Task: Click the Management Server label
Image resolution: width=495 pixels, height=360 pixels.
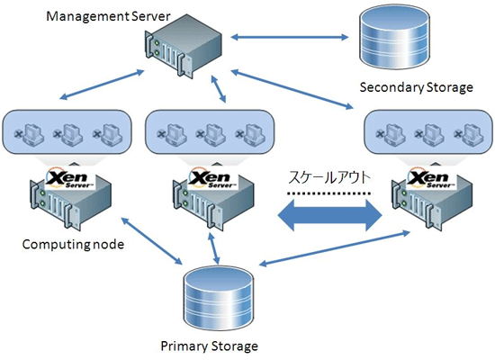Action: point(108,16)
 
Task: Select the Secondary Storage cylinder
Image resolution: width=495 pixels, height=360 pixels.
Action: point(394,37)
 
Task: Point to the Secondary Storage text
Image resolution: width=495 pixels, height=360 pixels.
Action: point(417,87)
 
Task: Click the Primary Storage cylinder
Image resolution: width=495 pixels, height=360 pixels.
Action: point(219,298)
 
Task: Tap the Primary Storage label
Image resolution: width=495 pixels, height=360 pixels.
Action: point(210,346)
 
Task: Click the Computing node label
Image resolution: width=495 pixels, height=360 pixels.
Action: point(73,245)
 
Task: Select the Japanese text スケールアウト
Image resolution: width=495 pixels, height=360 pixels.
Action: point(329,178)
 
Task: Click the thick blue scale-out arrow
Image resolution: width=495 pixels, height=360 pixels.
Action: point(330,216)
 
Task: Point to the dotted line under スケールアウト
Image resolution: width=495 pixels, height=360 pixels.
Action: point(328,193)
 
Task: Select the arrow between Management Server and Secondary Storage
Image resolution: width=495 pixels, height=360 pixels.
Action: point(290,37)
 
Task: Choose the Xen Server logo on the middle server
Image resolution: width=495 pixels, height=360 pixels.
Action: point(213,179)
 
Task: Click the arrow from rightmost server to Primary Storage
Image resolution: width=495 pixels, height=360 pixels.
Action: point(334,248)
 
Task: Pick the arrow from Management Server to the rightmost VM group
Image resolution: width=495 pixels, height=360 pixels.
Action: point(292,89)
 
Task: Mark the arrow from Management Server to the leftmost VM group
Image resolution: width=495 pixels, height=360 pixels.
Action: point(102,85)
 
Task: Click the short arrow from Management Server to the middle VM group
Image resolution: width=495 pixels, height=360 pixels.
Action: point(219,89)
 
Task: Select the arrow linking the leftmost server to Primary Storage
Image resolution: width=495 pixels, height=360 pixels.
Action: point(152,241)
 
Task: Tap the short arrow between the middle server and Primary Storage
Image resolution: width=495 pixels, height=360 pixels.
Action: point(213,247)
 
